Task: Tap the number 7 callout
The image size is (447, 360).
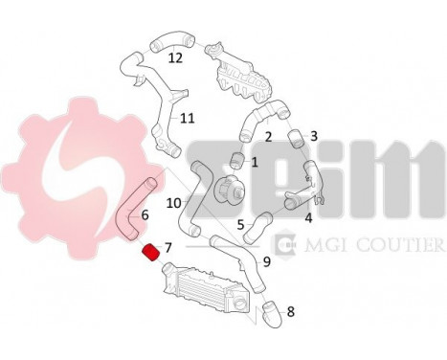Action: coord(168,247)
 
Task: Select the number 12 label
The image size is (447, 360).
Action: coord(175,56)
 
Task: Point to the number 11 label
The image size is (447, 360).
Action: coord(187,119)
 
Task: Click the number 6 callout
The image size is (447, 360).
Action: coord(145,215)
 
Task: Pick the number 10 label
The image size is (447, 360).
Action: coord(173,202)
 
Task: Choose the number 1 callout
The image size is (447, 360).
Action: coord(254,162)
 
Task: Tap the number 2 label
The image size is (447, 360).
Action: coord(269,137)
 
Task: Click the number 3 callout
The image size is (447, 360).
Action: coord(313,137)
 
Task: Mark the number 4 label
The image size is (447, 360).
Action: coord(307,218)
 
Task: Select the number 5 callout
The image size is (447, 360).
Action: coord(240,224)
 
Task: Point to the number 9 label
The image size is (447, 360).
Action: coord(267,259)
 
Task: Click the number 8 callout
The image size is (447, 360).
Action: coord(291,311)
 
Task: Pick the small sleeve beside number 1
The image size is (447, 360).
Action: coord(235,159)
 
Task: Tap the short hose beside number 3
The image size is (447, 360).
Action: coord(291,137)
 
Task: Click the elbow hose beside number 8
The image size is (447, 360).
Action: coord(270,310)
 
